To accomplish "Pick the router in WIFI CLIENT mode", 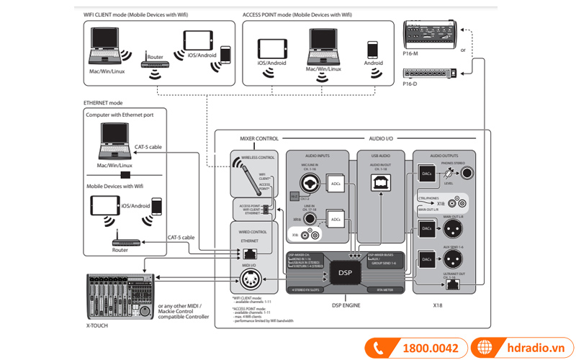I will click(155, 62).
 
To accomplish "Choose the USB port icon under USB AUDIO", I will click(381, 183).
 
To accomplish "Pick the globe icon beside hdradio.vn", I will click(486, 348).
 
